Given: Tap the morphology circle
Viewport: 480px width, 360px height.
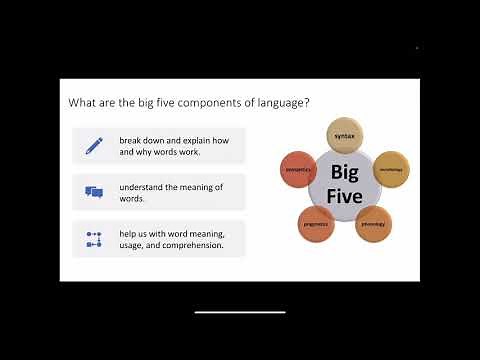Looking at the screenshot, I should pyautogui.click(x=391, y=170).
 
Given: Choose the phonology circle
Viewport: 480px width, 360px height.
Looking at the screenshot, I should pyautogui.click(x=372, y=223).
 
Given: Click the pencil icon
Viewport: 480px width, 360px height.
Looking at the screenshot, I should pyautogui.click(x=95, y=145).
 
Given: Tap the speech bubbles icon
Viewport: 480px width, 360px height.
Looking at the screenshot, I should pyautogui.click(x=95, y=192).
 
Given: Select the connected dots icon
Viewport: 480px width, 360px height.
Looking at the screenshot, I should pyautogui.click(x=95, y=239).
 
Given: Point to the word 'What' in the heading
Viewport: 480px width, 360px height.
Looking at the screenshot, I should pyautogui.click(x=81, y=102).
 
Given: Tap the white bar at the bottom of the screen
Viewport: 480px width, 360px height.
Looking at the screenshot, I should pyautogui.click(x=240, y=313).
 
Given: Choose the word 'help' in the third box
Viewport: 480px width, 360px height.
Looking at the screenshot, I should pyautogui.click(x=128, y=233).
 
